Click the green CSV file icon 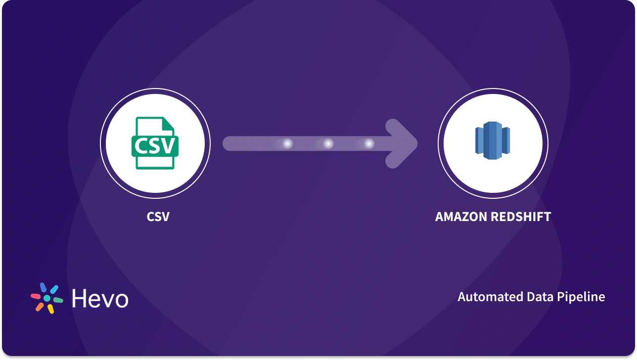click(155, 143)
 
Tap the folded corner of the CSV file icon click(169, 124)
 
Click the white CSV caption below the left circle click(158, 217)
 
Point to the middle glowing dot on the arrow click(328, 144)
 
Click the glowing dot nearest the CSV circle click(287, 144)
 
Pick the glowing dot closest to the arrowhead click(369, 144)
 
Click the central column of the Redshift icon click(492, 142)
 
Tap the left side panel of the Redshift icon click(478, 142)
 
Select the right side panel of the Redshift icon click(506, 142)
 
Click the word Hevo click(100, 298)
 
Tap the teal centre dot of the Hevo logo click(47, 298)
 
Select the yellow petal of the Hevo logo click(50, 309)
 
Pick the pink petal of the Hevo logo click(36, 297)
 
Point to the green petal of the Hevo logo click(58, 300)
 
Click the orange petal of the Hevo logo click(39, 307)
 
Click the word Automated click(489, 297)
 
